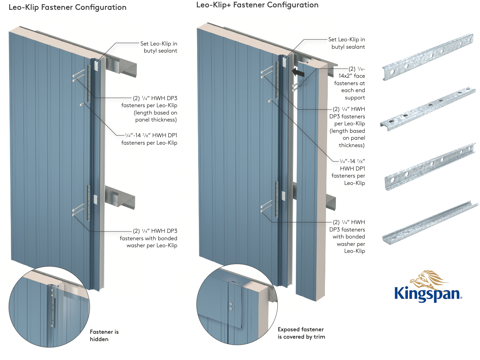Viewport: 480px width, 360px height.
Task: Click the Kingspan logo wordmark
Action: click(x=427, y=293)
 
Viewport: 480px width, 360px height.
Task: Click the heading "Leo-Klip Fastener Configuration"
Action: click(x=68, y=7)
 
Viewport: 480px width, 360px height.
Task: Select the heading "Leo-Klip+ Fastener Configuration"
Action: click(x=257, y=5)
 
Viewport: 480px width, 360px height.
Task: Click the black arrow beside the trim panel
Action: click(x=298, y=72)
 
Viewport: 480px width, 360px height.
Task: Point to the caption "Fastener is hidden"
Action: click(x=104, y=335)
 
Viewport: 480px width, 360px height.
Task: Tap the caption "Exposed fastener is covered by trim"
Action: click(x=301, y=333)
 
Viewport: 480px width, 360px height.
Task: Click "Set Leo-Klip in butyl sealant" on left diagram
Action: click(x=159, y=47)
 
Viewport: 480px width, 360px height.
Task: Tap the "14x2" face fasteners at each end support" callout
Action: click(x=350, y=83)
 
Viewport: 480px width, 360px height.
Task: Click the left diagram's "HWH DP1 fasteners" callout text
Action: click(x=151, y=139)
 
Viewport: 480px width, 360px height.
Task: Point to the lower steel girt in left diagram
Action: click(x=121, y=198)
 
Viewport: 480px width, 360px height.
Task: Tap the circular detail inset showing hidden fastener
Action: click(x=49, y=307)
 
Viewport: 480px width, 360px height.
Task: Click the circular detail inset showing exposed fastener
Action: click(x=237, y=304)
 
